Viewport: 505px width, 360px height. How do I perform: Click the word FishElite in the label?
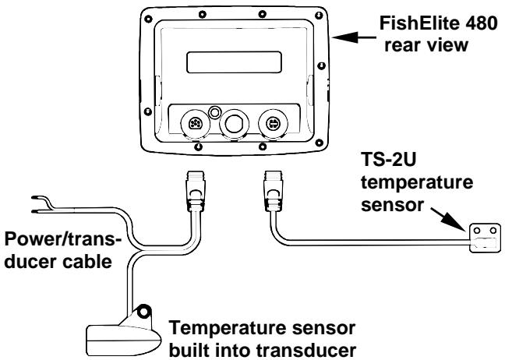[418, 23]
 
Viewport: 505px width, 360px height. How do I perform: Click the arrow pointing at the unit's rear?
[354, 37]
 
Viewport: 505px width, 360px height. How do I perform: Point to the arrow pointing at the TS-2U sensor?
[448, 220]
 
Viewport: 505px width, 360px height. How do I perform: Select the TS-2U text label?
[389, 159]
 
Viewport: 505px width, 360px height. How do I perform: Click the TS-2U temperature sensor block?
[485, 238]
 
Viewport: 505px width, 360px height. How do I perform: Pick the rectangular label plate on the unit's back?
[234, 62]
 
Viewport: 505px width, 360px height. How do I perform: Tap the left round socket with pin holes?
[195, 124]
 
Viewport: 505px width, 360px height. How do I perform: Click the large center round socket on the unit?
[234, 125]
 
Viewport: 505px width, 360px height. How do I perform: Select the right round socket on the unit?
[273, 124]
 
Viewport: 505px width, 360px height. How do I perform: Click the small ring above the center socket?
[214, 112]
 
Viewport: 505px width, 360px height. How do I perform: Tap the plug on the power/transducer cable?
[196, 191]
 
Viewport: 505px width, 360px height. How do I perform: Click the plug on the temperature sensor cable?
[274, 191]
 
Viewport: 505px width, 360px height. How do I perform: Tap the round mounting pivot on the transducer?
[143, 311]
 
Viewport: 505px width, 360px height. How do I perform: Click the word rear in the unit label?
[401, 45]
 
